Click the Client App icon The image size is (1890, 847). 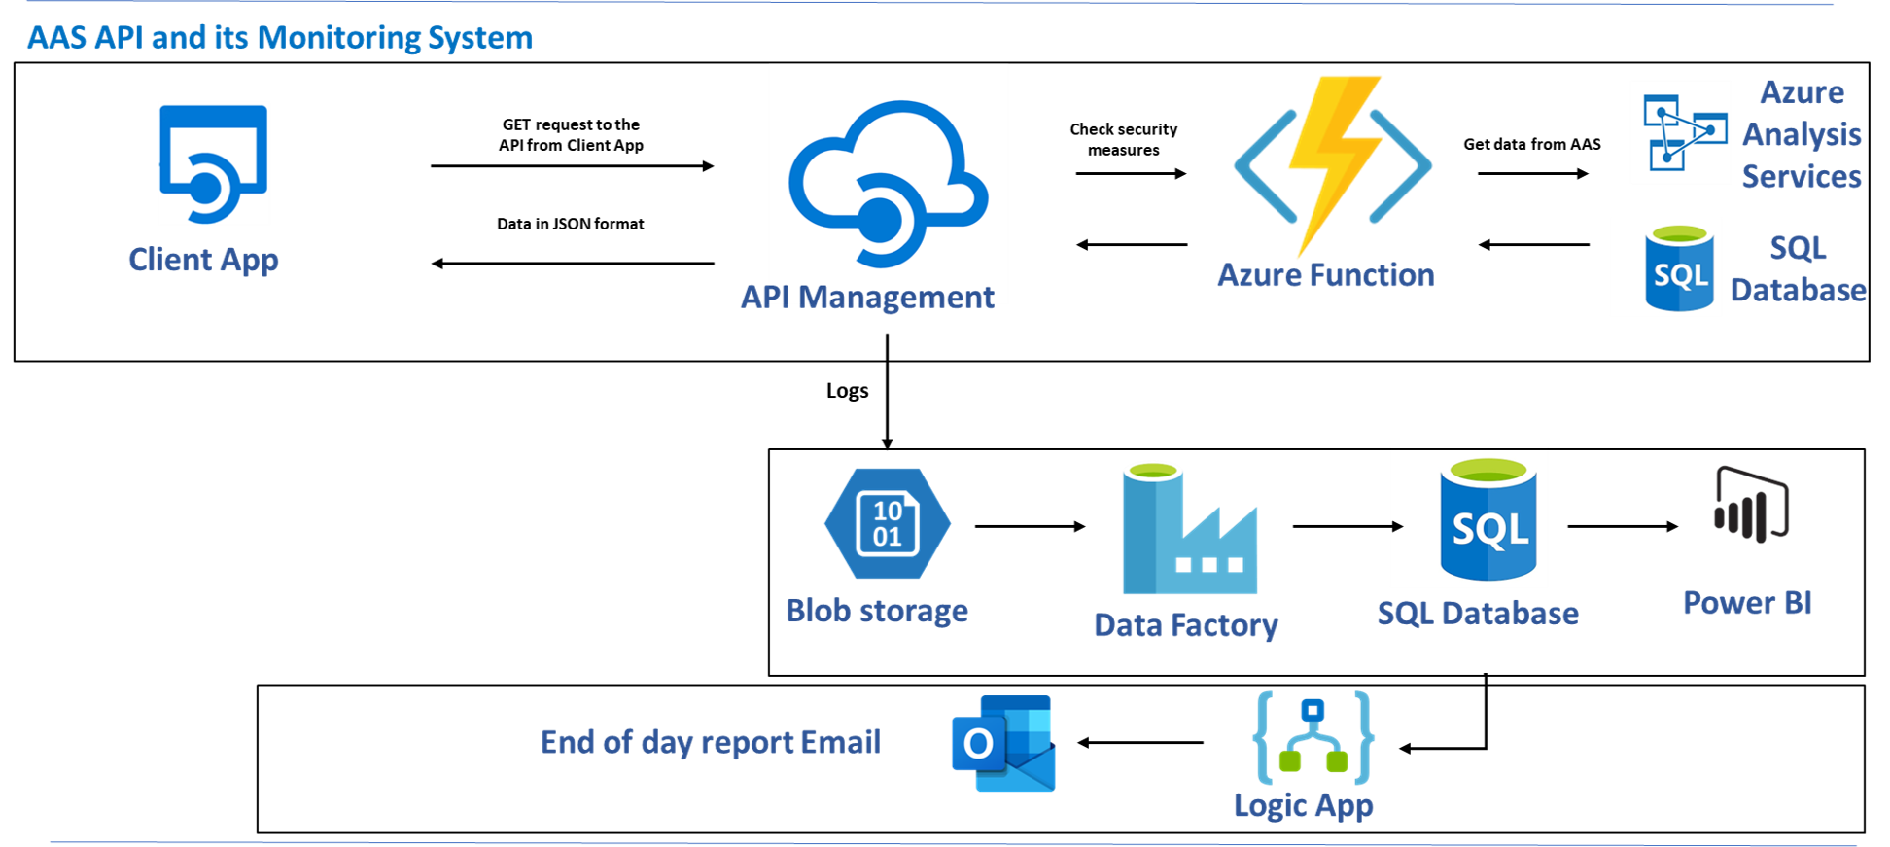(x=214, y=162)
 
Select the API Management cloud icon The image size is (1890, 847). (x=888, y=183)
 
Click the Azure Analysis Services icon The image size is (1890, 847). (x=1679, y=132)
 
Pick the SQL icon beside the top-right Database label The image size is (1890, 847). (x=1665, y=267)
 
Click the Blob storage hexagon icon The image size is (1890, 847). (x=887, y=523)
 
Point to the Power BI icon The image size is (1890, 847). (x=1751, y=504)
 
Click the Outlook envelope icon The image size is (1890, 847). (x=1003, y=744)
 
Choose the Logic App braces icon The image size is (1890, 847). (x=1312, y=737)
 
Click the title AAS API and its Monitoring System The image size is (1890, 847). (x=279, y=38)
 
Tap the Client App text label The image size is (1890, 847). (x=203, y=260)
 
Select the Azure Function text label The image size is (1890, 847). (x=1325, y=275)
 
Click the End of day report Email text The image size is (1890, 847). (x=710, y=742)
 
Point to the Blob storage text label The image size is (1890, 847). (x=876, y=611)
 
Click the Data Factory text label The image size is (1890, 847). (x=1185, y=625)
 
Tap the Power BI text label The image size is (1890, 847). (x=1747, y=603)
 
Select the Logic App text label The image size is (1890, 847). (x=1303, y=805)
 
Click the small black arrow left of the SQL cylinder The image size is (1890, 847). (x=1397, y=526)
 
